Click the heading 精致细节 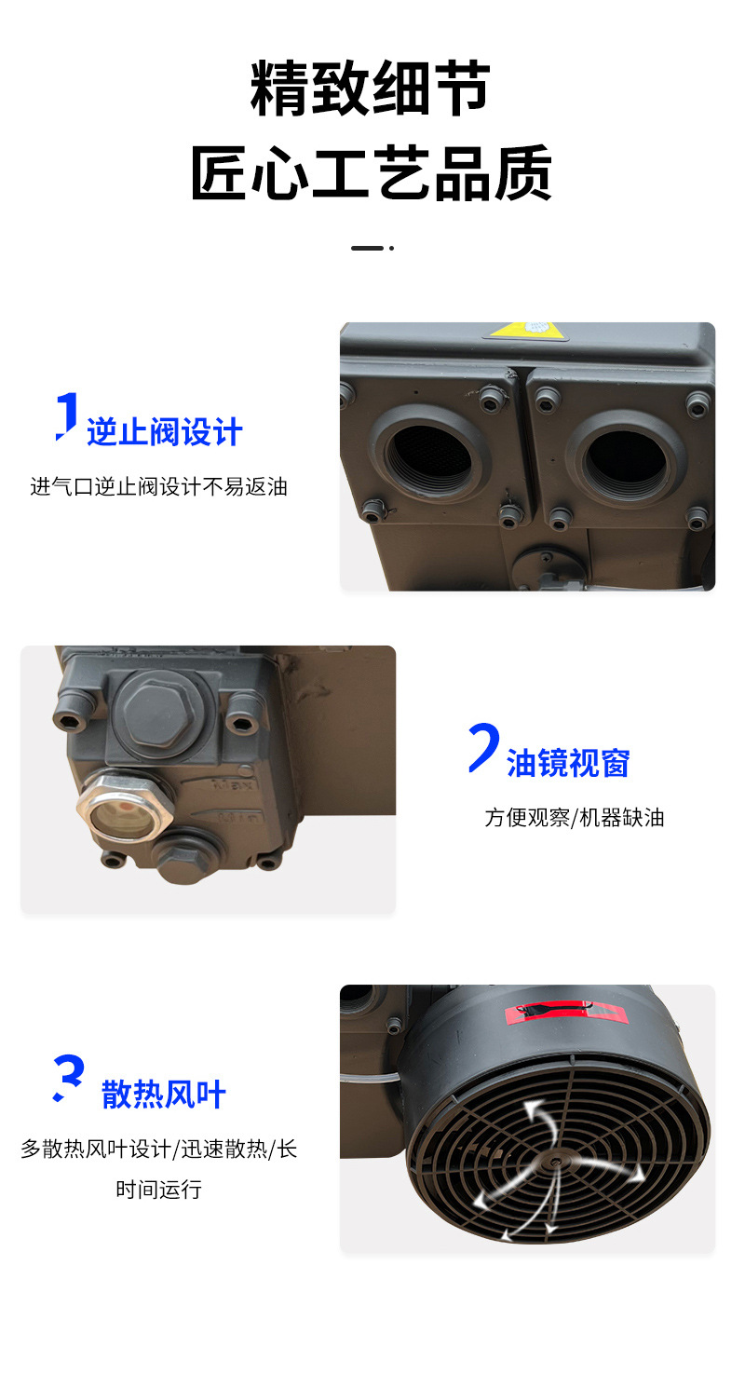(370, 88)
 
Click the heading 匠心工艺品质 (372, 173)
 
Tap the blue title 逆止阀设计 (164, 432)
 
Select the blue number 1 (67, 415)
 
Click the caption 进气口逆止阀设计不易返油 (159, 487)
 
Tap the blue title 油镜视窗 (568, 763)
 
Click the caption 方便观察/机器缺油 (575, 818)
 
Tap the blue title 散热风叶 (164, 1095)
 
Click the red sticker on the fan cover (565, 1012)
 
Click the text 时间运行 (159, 1190)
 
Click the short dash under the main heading (367, 248)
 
